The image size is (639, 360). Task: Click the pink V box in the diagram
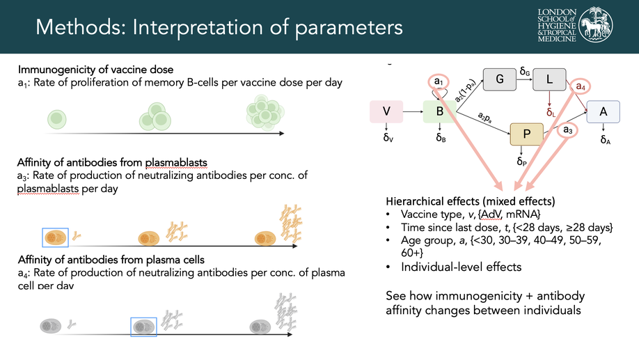[386, 111]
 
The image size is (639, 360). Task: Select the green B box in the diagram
[440, 111]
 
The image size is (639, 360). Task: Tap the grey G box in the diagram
[500, 79]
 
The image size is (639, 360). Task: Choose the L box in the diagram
[550, 79]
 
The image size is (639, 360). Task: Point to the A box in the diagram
[603, 111]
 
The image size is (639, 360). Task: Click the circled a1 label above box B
[439, 82]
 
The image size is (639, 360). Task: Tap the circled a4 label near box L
[580, 86]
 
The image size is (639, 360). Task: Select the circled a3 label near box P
[567, 130]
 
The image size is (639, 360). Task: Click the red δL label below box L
[551, 112]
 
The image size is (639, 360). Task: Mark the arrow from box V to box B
[413, 111]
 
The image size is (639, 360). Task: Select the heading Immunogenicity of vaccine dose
[95, 70]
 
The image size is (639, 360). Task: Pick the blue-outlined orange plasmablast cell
[56, 237]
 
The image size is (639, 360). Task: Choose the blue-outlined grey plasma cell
[143, 326]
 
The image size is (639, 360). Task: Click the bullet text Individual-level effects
[461, 267]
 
